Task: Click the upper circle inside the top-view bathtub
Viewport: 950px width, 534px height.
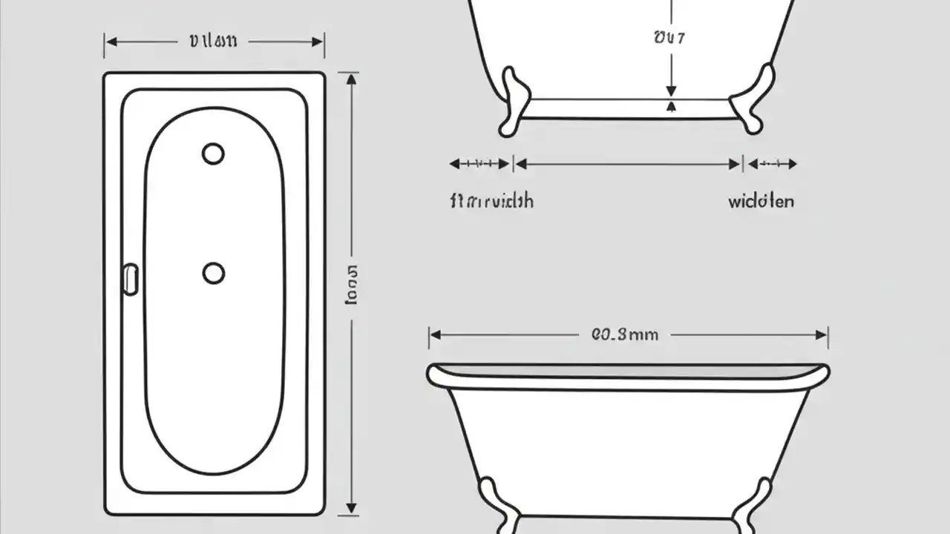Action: pyautogui.click(x=213, y=154)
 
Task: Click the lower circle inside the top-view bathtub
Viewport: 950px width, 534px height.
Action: pyautogui.click(x=214, y=273)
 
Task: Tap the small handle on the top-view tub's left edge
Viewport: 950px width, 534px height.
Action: pyautogui.click(x=131, y=280)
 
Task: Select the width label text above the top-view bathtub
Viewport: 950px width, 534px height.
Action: pyautogui.click(x=214, y=42)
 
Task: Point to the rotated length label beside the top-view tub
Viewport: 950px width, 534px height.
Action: pyautogui.click(x=352, y=284)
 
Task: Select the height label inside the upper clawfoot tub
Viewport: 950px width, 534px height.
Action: pyautogui.click(x=669, y=38)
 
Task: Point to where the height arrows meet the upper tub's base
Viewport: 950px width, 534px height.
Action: pyautogui.click(x=672, y=99)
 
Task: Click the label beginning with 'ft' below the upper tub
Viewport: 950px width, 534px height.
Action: pyautogui.click(x=491, y=201)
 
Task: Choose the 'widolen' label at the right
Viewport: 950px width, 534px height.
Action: pyautogui.click(x=761, y=201)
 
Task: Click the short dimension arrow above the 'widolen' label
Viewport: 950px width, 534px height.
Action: pyautogui.click(x=772, y=164)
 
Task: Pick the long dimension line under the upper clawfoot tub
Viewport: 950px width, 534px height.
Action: pyautogui.click(x=628, y=164)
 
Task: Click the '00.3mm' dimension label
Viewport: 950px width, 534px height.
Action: pyautogui.click(x=625, y=334)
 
